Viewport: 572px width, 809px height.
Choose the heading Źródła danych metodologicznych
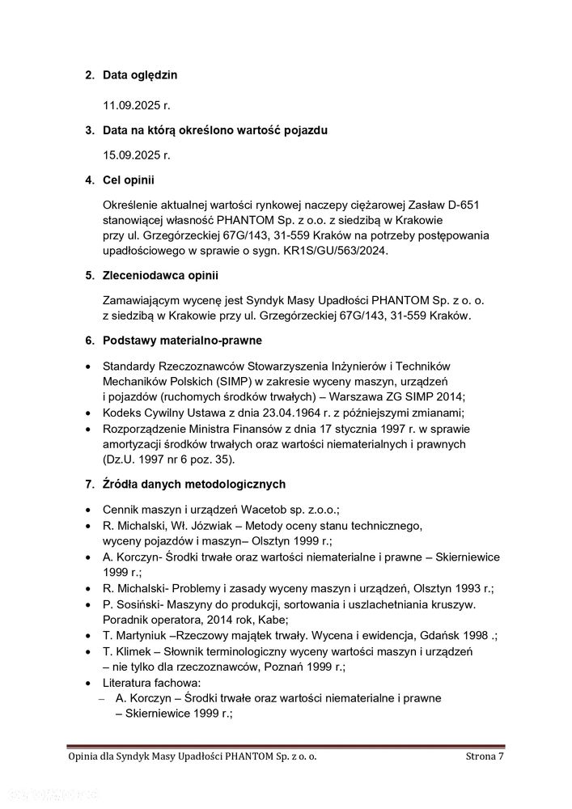click(x=193, y=485)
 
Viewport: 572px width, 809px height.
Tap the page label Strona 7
click(x=485, y=756)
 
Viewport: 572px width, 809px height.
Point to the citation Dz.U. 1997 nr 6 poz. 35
click(x=167, y=460)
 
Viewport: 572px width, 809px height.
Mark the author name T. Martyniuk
click(x=138, y=636)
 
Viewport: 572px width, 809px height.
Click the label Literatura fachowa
click(x=150, y=683)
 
